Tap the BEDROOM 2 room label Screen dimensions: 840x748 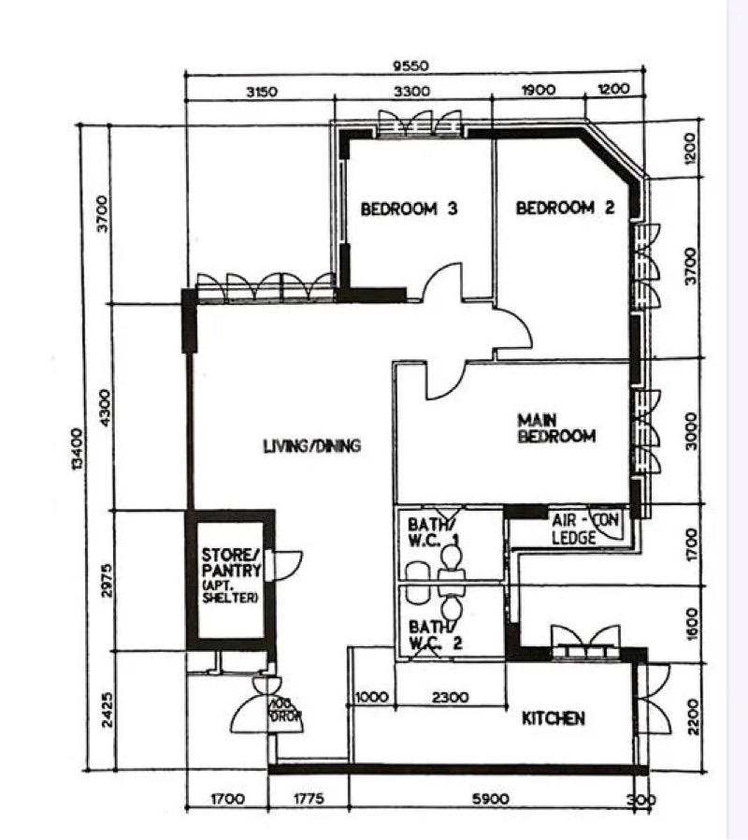point(565,208)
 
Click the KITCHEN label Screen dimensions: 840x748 point(553,718)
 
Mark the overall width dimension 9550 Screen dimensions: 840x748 point(410,65)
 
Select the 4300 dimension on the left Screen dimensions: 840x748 point(105,408)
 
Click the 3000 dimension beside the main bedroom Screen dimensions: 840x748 point(691,429)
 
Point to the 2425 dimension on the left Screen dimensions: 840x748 point(105,712)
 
